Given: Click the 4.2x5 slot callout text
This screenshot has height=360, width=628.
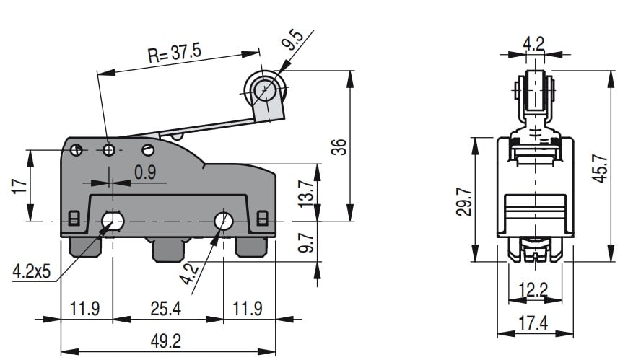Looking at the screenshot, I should click(x=31, y=272).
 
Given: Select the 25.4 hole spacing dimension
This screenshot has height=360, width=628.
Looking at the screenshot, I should click(x=167, y=309).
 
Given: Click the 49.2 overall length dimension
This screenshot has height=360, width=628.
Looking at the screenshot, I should click(x=166, y=341).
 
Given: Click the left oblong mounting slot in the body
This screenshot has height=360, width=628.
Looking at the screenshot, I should click(x=113, y=219).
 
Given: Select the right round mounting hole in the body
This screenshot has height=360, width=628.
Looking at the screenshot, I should click(x=224, y=220).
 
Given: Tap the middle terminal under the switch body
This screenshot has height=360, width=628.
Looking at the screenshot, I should click(x=167, y=250).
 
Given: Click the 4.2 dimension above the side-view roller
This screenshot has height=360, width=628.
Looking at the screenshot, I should click(x=534, y=43).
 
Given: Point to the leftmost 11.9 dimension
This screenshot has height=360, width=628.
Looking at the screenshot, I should click(x=84, y=309).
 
